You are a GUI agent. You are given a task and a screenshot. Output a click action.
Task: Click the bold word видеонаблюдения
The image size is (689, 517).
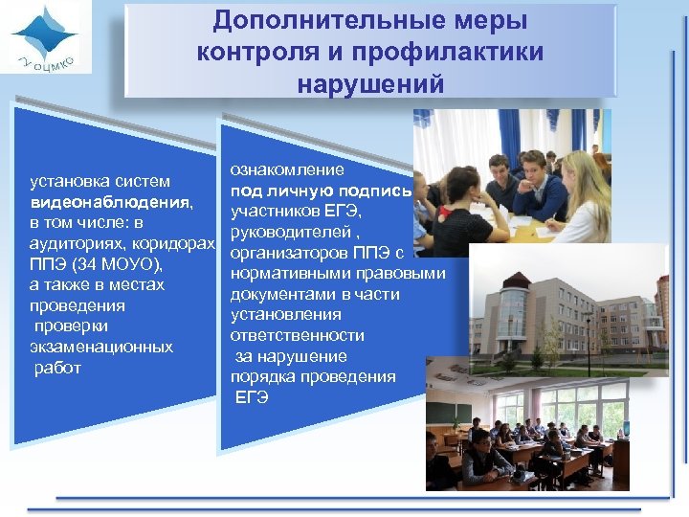pyautogui.click(x=111, y=202)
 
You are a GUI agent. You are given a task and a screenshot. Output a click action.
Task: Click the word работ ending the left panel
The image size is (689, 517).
pyautogui.click(x=57, y=368)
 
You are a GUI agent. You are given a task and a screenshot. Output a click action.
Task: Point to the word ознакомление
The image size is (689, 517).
pyautogui.click(x=287, y=169)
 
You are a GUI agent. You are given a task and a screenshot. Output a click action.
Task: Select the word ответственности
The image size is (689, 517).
pyautogui.click(x=298, y=335)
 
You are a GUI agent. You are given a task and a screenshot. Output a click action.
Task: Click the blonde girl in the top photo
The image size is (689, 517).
pyautogui.click(x=580, y=196)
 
